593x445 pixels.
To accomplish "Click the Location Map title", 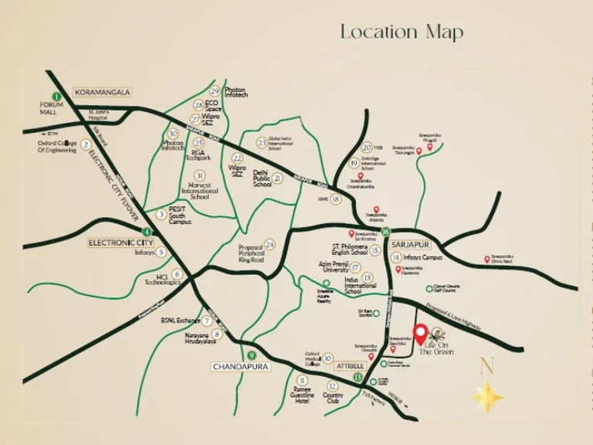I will (x=402, y=32).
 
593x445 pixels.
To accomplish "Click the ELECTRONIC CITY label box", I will (x=117, y=242).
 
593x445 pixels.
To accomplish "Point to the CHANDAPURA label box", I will (x=239, y=367).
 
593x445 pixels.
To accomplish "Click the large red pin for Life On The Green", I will (x=420, y=334).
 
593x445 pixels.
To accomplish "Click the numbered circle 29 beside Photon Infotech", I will (x=215, y=91).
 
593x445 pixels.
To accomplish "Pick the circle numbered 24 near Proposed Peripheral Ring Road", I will (x=269, y=244).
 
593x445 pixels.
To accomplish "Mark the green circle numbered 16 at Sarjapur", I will (x=385, y=231).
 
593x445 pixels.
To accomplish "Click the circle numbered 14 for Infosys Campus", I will (x=395, y=257).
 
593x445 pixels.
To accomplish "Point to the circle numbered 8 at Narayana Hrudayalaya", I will (x=218, y=335).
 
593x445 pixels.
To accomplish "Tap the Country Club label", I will (x=333, y=399).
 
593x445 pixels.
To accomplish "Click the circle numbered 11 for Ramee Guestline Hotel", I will (x=302, y=381).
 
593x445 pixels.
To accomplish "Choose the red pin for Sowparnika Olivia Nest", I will (x=486, y=260).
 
